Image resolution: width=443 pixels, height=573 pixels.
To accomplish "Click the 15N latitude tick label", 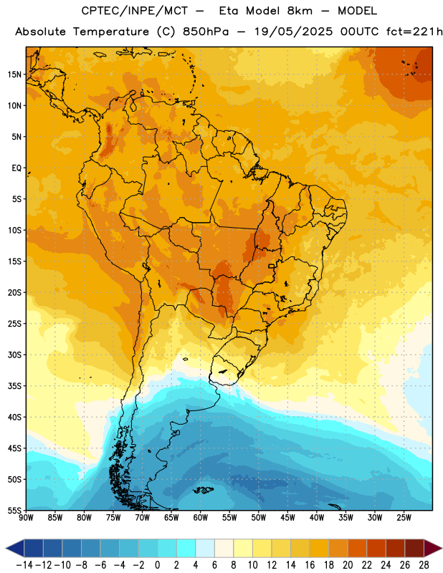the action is (x=14, y=74).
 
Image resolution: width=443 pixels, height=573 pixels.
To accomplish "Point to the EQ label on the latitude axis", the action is (x=16, y=168).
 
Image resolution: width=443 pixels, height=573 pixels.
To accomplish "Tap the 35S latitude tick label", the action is (x=14, y=386).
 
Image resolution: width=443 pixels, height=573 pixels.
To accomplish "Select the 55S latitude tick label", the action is (x=14, y=510).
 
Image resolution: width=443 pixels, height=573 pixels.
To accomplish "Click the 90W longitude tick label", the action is (x=26, y=518).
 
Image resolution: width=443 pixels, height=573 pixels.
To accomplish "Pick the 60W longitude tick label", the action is (x=201, y=518).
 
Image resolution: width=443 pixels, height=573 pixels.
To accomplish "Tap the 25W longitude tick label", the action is (x=404, y=518).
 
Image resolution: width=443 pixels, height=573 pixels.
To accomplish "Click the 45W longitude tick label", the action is (x=288, y=518).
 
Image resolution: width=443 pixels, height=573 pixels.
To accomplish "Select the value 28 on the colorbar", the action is (x=424, y=565).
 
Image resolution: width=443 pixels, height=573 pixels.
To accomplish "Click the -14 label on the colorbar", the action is (x=24, y=565).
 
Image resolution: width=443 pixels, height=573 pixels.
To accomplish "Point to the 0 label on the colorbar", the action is (x=157, y=565).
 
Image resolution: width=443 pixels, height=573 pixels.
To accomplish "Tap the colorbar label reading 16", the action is (x=310, y=565).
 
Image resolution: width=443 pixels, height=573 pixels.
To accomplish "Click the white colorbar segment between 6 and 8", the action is (x=224, y=548).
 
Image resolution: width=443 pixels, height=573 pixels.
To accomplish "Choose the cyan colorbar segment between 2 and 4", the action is (x=186, y=548).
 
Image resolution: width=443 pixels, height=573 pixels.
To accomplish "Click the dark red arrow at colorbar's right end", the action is (x=433, y=548).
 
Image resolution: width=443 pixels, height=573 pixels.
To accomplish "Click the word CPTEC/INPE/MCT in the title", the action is (x=134, y=11).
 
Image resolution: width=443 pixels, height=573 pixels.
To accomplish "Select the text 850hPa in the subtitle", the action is (x=206, y=32).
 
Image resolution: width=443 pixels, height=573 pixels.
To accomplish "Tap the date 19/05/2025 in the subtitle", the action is (x=294, y=32).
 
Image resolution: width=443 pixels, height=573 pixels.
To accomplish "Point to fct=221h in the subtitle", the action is (x=414, y=32).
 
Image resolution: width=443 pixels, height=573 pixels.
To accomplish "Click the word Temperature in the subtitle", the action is (x=111, y=32).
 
